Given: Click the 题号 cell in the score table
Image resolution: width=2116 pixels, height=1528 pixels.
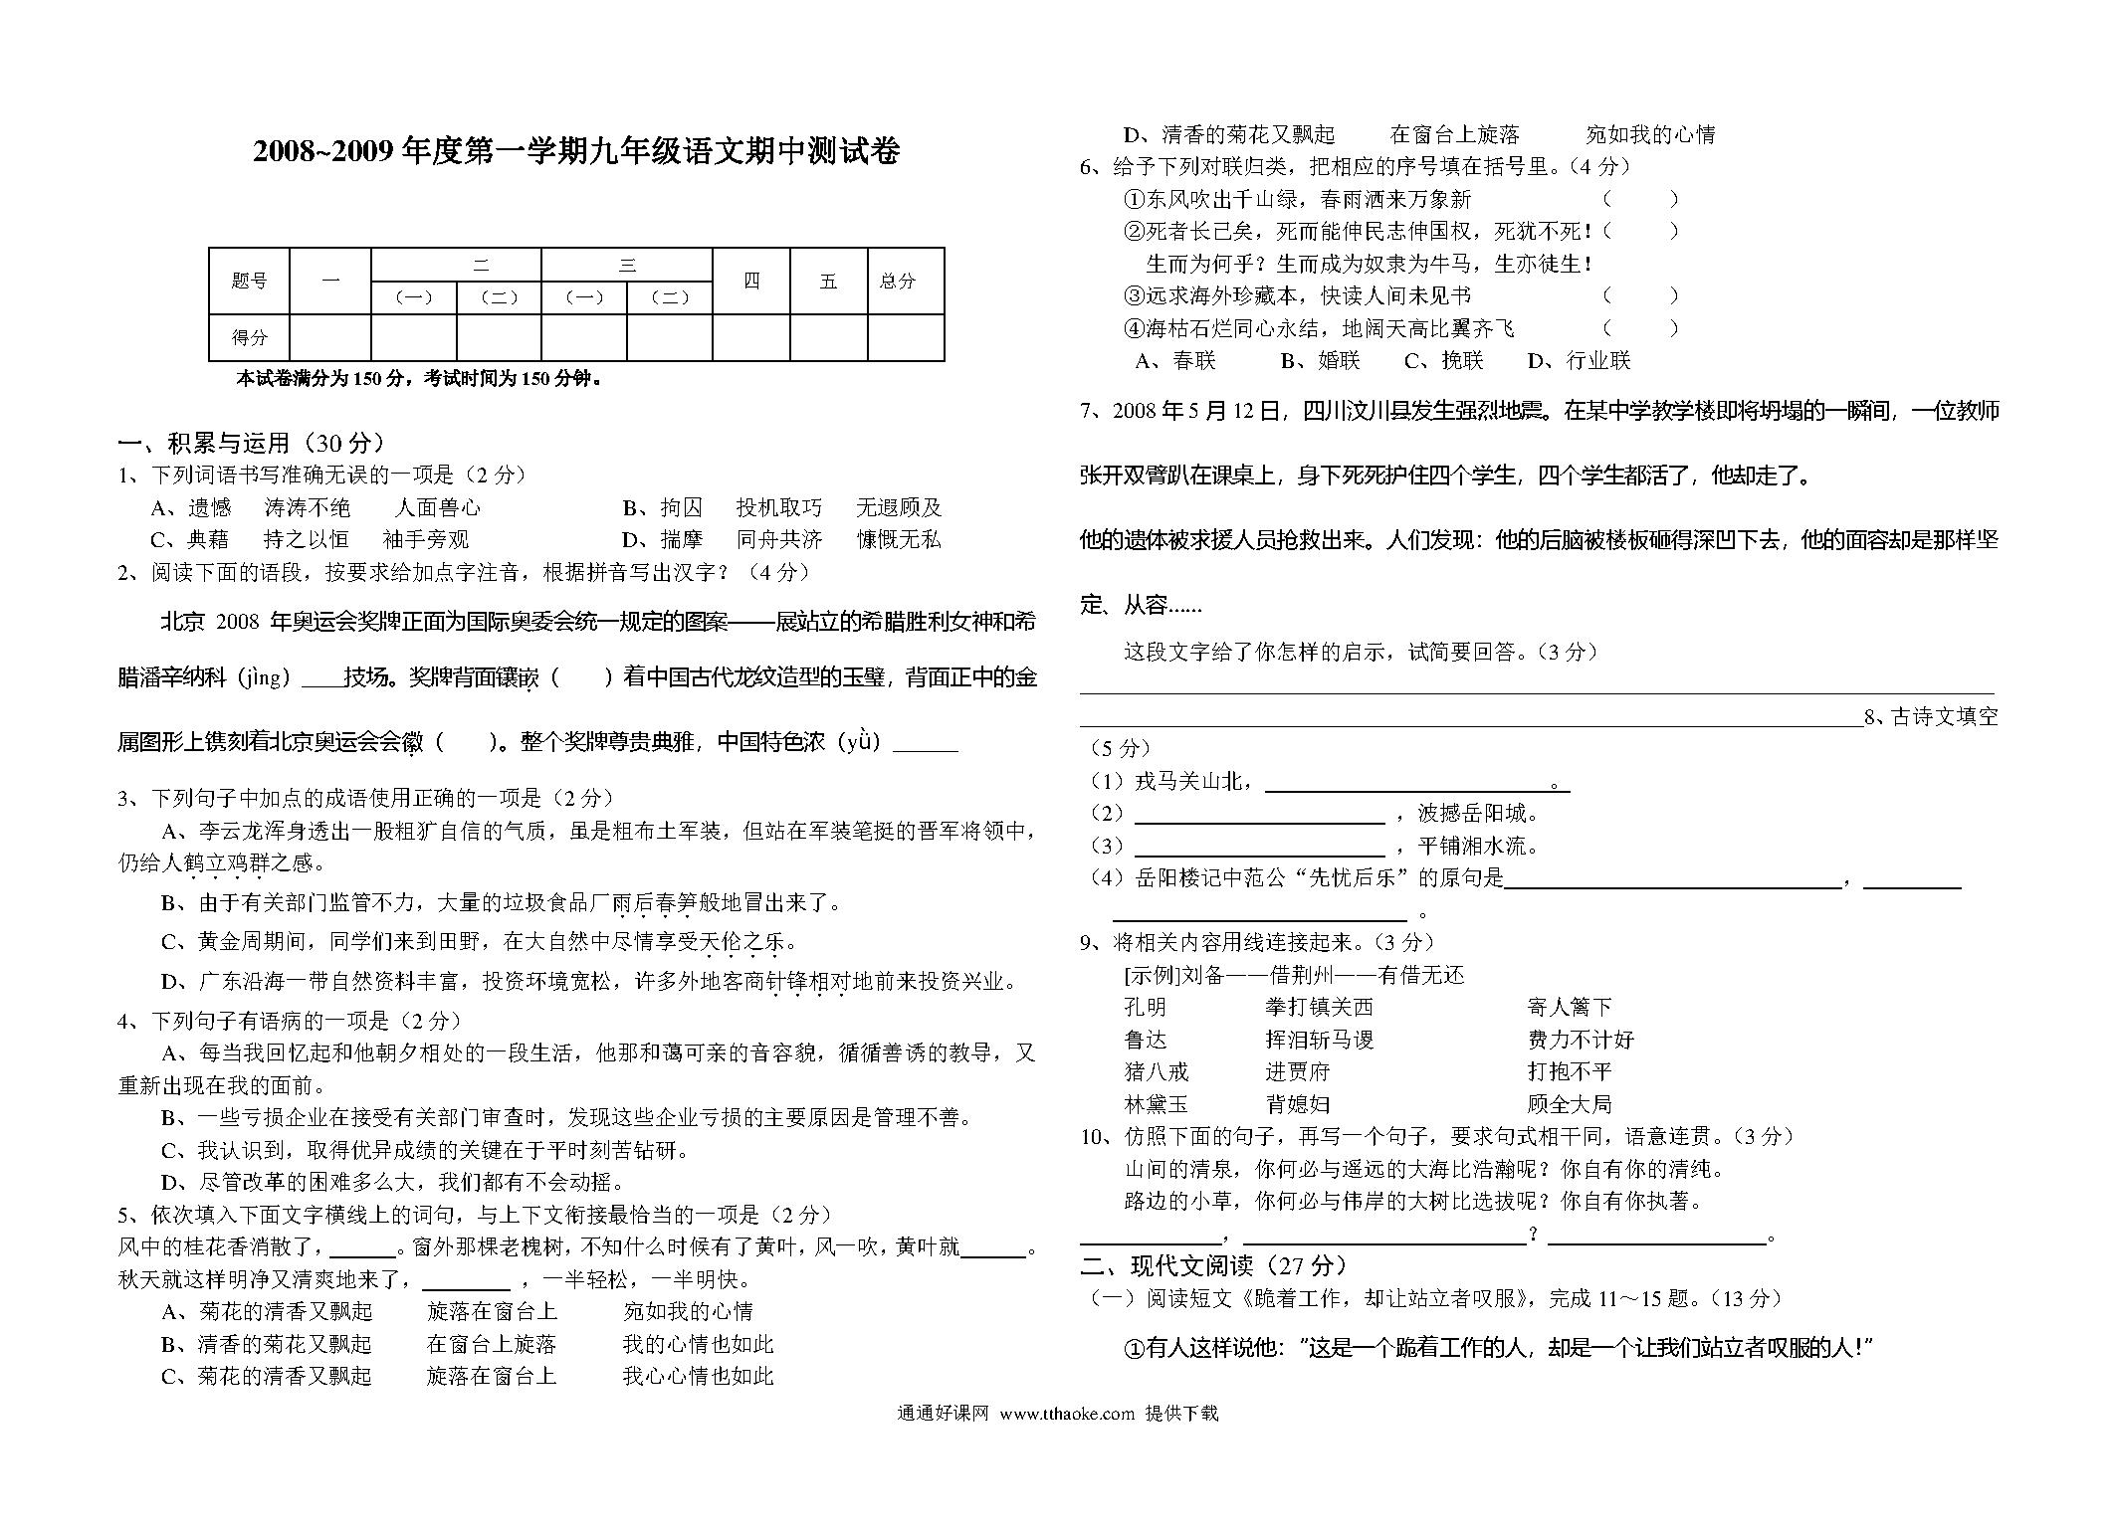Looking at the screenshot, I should [249, 282].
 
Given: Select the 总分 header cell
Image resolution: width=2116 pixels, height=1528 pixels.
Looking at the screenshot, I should [897, 282].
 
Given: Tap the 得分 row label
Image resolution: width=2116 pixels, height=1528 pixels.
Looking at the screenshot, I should [249, 337].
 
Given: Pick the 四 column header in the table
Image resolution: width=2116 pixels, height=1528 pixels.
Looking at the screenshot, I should [751, 282].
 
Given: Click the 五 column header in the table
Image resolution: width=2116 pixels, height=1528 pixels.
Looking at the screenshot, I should [828, 282].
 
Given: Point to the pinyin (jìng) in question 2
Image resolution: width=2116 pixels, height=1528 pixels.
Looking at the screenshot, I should [263, 678].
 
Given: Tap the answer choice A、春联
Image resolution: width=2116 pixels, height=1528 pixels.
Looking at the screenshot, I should [1175, 360].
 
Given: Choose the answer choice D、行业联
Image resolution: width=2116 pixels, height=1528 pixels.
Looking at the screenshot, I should [1580, 360].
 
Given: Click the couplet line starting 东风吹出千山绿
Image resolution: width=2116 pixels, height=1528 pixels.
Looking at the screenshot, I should [1298, 199].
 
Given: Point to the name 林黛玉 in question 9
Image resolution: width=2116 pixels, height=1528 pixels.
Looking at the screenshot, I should [1156, 1104].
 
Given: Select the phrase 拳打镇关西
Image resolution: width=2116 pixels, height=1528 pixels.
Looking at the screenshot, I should [1319, 1007].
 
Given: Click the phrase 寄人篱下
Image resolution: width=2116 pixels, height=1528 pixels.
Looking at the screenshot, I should [1569, 1007].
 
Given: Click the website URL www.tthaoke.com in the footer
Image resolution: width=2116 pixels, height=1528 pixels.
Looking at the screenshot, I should [1066, 1414].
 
